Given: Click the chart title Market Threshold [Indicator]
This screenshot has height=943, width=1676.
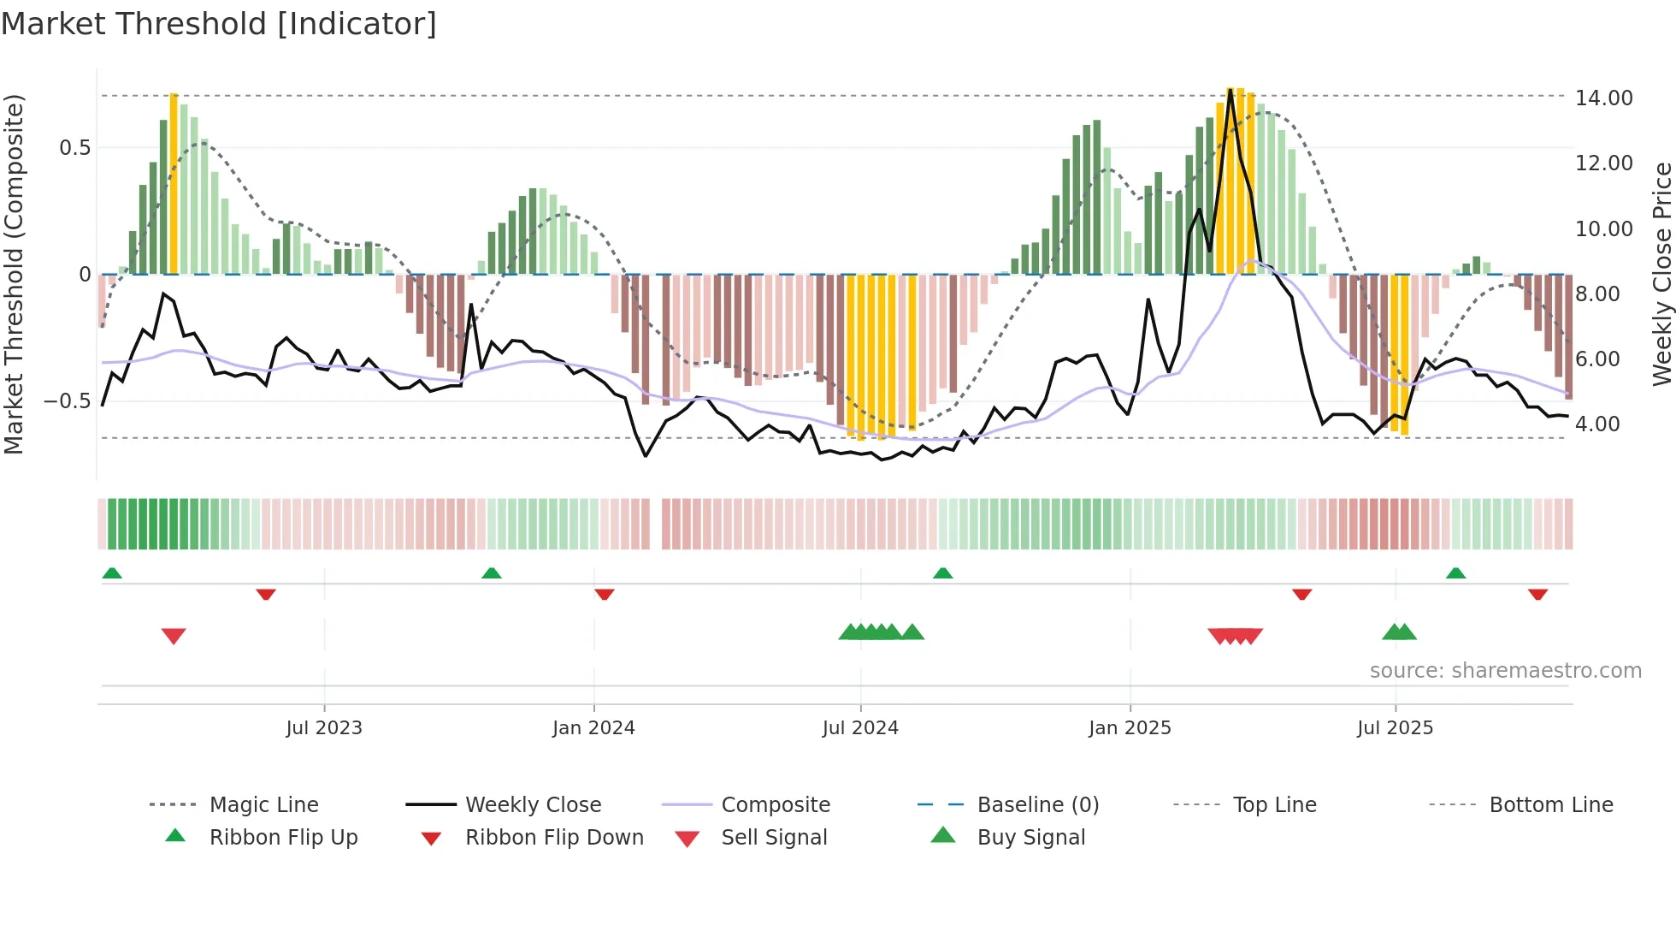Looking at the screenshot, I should tap(219, 24).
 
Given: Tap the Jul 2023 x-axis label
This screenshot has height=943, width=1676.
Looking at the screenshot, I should tap(324, 728).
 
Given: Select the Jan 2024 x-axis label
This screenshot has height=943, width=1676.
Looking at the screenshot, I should tap(593, 728).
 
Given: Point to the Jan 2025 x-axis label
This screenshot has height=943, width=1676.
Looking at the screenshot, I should tap(1130, 728).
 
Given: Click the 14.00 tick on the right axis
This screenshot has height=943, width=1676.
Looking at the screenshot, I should tap(1604, 98).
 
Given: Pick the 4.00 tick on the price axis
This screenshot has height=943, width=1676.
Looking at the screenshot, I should tap(1597, 424).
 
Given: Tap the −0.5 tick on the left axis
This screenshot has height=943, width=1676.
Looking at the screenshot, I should tap(67, 400).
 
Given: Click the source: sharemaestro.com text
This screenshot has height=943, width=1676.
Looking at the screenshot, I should tap(1505, 670).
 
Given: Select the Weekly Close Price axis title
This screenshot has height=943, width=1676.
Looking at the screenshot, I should tap(1661, 274).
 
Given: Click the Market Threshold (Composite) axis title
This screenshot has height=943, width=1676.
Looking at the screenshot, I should tap(14, 274).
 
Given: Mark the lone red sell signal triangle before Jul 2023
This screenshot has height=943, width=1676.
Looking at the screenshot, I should tap(174, 636).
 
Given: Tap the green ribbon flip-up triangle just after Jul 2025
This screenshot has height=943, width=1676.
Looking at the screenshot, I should tap(1455, 573).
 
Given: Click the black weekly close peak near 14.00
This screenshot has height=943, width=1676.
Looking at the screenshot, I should tap(1230, 90).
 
